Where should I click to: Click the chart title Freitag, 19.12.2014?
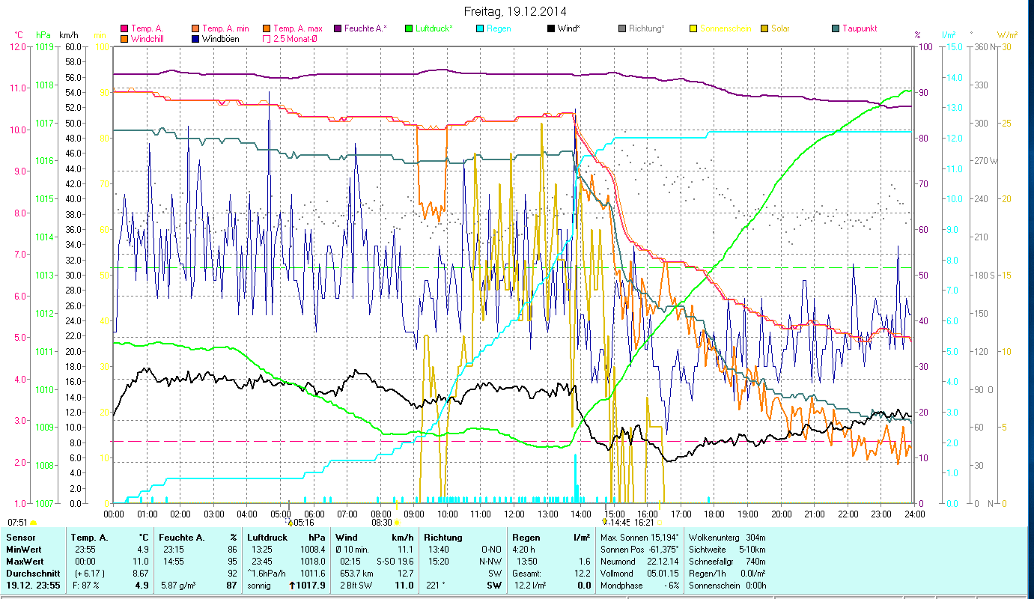tap(515, 11)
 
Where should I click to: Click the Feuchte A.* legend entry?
tap(365, 28)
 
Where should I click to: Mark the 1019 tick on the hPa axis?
tap(43, 46)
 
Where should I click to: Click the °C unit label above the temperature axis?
tap(19, 35)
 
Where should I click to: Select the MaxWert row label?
tap(25, 561)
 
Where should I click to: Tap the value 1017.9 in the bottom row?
tap(311, 586)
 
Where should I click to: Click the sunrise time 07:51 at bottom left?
tap(17, 522)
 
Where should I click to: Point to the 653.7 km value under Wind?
tap(353, 573)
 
